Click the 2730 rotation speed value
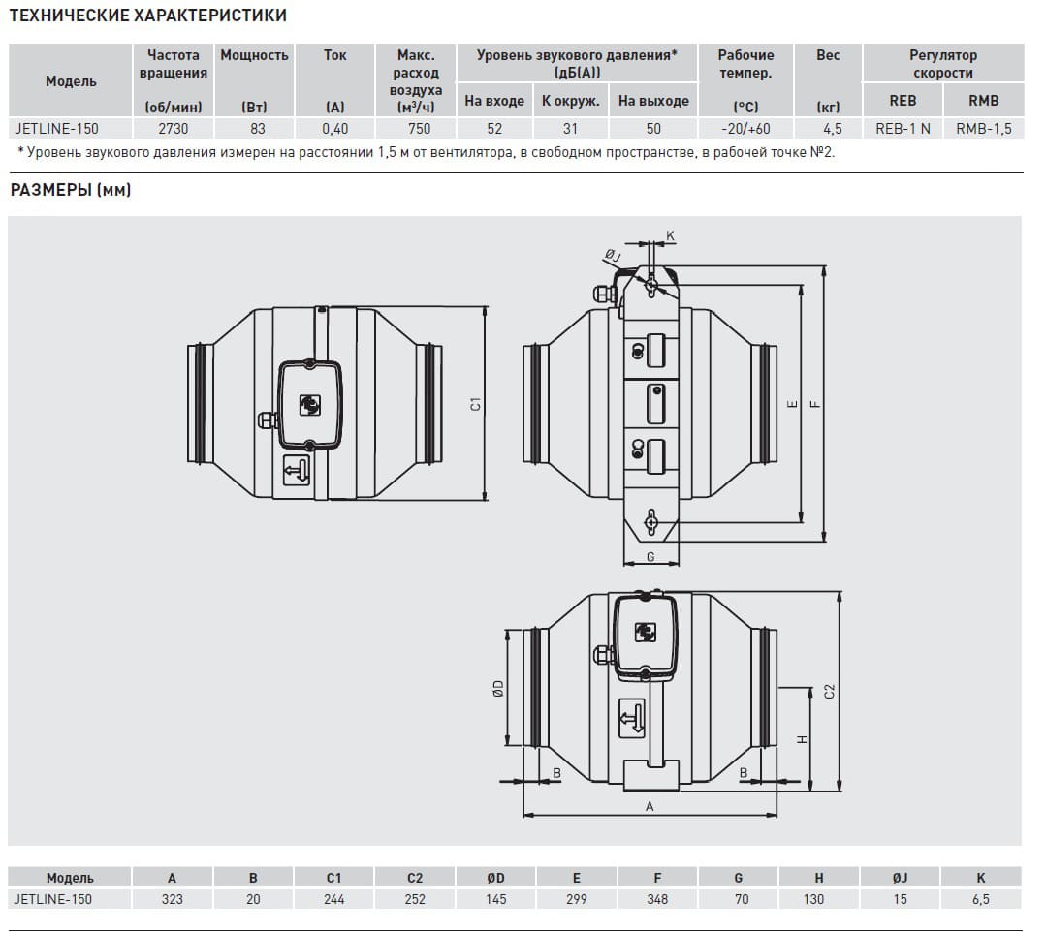(173, 129)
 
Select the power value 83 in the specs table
(258, 129)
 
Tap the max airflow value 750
(419, 129)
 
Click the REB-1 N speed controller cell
(903, 129)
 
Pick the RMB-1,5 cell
(983, 129)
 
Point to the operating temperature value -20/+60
(745, 129)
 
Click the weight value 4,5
(832, 129)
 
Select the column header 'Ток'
(334, 55)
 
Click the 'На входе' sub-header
(494, 101)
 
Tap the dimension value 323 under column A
(173, 899)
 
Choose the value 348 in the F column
(657, 899)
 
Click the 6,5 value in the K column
(981, 899)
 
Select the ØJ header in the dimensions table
(900, 878)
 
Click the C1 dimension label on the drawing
(475, 404)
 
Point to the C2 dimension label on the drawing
(829, 692)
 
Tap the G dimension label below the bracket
(651, 557)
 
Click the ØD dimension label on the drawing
(498, 688)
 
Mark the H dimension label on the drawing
(803, 739)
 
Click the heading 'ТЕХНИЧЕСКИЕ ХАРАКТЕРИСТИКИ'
(148, 16)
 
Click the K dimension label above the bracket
(671, 236)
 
